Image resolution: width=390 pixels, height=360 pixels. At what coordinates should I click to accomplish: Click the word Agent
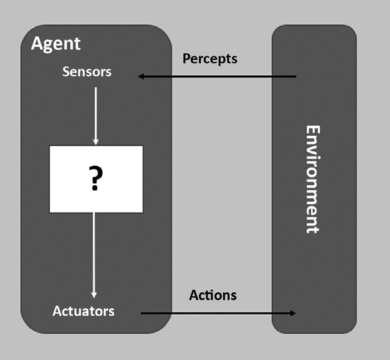pyautogui.click(x=56, y=44)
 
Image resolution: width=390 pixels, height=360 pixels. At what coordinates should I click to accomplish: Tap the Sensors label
pyautogui.click(x=87, y=72)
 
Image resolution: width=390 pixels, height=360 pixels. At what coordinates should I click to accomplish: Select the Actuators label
pyautogui.click(x=84, y=311)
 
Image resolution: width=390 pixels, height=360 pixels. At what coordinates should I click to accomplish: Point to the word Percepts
pyautogui.click(x=210, y=59)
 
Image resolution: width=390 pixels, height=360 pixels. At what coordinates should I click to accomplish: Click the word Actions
pyautogui.click(x=213, y=295)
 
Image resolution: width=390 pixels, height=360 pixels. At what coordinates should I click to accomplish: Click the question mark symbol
pyautogui.click(x=96, y=179)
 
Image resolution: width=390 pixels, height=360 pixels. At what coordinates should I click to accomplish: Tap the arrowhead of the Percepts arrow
pyautogui.click(x=141, y=77)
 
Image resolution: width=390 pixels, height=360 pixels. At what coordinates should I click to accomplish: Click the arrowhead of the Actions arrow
pyautogui.click(x=293, y=313)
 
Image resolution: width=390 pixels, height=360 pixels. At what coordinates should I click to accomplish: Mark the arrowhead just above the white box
pyautogui.click(x=96, y=141)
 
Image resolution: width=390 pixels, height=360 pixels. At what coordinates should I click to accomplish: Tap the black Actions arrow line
pyautogui.click(x=217, y=313)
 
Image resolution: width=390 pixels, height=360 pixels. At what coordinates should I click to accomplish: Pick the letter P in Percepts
pyautogui.click(x=186, y=59)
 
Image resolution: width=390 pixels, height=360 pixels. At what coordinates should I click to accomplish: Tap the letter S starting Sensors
pyautogui.click(x=65, y=72)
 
